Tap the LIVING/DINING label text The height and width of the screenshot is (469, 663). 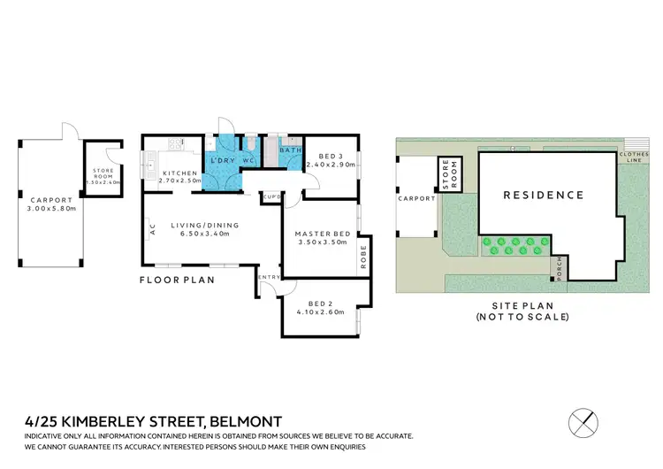[x=203, y=226]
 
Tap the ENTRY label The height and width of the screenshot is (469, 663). [x=270, y=278]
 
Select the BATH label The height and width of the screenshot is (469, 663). [x=291, y=150]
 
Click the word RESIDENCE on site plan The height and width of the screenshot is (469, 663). [x=544, y=195]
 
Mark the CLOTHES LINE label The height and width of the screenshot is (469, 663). [x=634, y=157]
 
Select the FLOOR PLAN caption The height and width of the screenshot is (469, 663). [x=176, y=280]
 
